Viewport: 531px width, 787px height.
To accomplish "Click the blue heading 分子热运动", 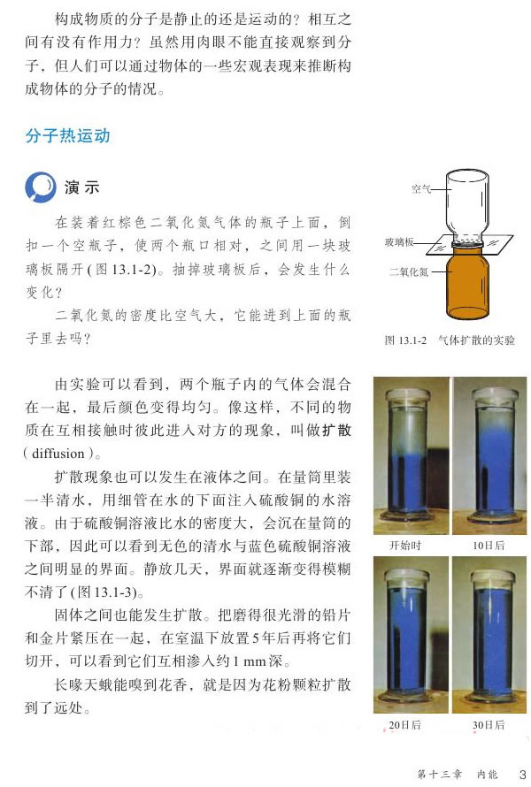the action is coord(67,135).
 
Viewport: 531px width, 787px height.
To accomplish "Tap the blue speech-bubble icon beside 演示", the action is coord(40,187).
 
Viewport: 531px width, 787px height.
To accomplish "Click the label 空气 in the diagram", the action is coord(421,188).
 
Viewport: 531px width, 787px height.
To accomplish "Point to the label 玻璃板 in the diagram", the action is coord(399,242).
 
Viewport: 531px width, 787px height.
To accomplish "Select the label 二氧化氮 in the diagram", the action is coord(410,271).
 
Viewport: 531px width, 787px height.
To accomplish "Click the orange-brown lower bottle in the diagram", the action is coord(467,284).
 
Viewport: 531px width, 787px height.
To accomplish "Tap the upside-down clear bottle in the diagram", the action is coord(467,206).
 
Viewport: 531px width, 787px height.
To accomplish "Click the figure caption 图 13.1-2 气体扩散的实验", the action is coord(450,340).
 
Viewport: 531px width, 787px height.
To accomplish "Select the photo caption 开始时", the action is coord(405,546).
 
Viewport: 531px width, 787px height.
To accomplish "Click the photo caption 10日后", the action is coord(489,546).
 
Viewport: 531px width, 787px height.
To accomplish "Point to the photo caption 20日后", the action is coord(404,725).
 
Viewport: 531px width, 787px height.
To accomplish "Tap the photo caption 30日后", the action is coord(489,725).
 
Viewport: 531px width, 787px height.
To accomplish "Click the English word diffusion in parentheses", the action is coord(58,454).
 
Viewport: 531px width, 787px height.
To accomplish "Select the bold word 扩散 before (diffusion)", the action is coord(336,430).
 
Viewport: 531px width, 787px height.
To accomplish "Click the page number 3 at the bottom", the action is coord(522,774).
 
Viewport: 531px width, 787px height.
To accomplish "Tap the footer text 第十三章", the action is coord(440,774).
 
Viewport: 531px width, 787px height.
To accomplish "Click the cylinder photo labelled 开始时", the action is coord(411,455).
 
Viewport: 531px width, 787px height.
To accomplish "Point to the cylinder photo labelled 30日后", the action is coord(489,635).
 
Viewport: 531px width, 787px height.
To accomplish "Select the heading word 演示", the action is coord(82,187).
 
